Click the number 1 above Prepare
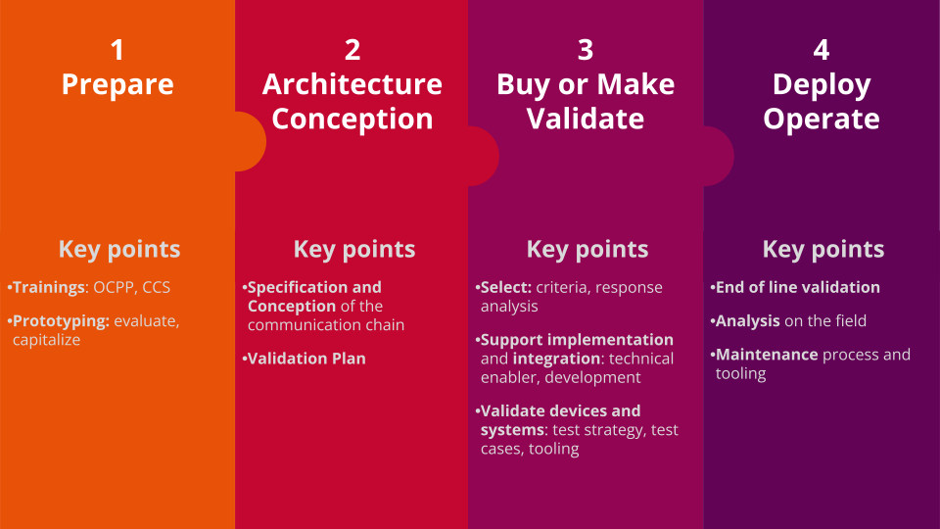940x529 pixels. [117, 50]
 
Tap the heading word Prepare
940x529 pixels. [117, 84]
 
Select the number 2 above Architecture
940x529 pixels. [352, 50]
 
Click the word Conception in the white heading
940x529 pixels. [352, 119]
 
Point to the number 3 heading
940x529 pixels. [586, 50]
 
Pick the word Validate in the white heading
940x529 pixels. [586, 119]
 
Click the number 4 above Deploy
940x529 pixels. [822, 50]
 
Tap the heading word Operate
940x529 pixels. [822, 119]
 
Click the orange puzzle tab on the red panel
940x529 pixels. [252, 141]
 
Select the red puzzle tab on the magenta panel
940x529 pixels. [484, 156]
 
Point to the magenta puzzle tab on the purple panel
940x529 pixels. [719, 156]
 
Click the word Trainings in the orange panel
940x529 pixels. [49, 288]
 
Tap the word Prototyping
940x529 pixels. [61, 321]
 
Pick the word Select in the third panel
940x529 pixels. [506, 287]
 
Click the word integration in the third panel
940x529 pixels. [557, 359]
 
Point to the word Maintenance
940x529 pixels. [767, 355]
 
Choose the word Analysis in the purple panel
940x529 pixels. [747, 321]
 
